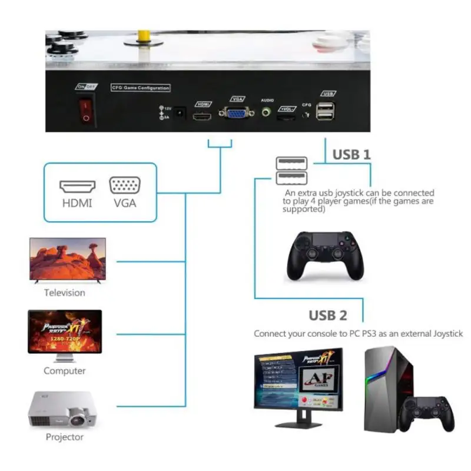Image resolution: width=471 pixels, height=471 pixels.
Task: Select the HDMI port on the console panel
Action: pyautogui.click(x=203, y=117)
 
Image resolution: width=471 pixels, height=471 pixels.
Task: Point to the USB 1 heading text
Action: pyautogui.click(x=351, y=154)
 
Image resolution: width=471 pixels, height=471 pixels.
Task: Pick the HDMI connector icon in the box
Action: pyautogui.click(x=77, y=187)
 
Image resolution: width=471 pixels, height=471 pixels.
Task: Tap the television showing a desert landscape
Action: pyautogui.click(x=68, y=259)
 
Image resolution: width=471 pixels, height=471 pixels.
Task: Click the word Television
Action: pyautogui.click(x=65, y=293)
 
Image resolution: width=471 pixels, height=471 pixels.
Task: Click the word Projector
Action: pyautogui.click(x=65, y=437)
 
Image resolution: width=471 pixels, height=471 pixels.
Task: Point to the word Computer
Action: pyautogui.click(x=64, y=371)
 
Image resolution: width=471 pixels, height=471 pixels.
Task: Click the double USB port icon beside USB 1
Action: pyautogui.click(x=291, y=169)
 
